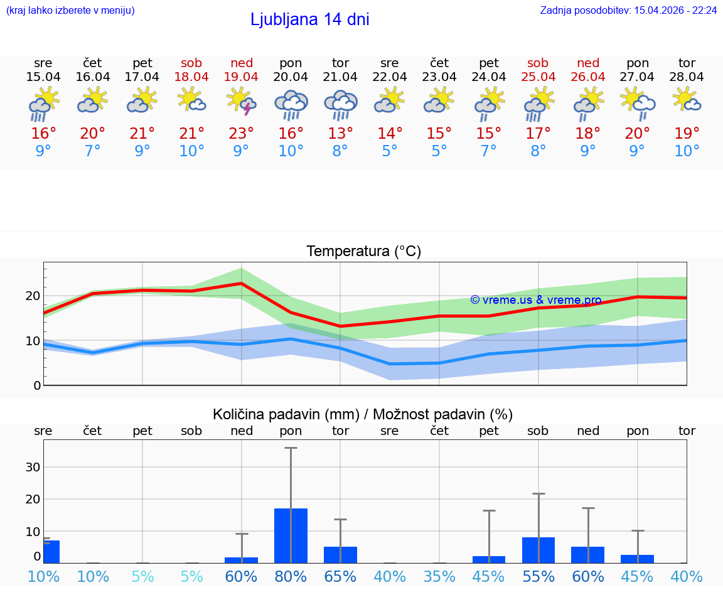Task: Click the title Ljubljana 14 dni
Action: tap(309, 19)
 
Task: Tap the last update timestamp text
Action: tap(628, 11)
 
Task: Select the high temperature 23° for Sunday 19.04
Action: tap(241, 134)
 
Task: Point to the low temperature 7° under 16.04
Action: tap(93, 151)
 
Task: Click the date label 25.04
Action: tap(538, 77)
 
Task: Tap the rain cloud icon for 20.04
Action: tap(291, 105)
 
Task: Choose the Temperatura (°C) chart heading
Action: tap(363, 252)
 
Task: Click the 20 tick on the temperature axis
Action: tap(33, 296)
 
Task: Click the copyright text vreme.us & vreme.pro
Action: tap(536, 300)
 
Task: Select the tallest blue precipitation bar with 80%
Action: tap(291, 535)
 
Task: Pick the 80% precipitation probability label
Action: tap(291, 577)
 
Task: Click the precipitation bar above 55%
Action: tap(538, 550)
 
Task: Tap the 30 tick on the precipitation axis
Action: tap(33, 467)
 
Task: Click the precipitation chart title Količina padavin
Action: tap(363, 414)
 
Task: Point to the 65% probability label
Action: tap(340, 577)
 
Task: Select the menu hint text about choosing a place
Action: tap(70, 11)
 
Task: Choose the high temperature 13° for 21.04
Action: tap(340, 134)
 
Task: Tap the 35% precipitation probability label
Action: tap(439, 577)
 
